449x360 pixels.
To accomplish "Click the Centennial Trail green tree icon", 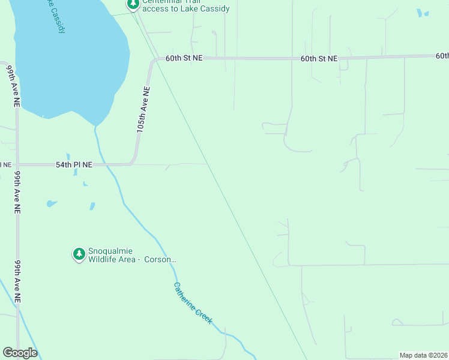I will click(x=133, y=4).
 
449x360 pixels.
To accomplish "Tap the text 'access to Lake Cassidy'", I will click(x=186, y=9).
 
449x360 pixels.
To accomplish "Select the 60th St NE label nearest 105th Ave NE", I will click(x=184, y=58).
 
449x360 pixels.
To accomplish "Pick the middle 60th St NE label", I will click(x=319, y=59).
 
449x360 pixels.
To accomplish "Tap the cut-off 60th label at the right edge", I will click(x=442, y=56).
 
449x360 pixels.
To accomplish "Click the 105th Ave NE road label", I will click(x=143, y=109).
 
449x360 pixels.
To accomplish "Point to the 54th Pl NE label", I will click(x=74, y=164).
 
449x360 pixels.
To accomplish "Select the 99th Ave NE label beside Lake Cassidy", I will click(x=12, y=87).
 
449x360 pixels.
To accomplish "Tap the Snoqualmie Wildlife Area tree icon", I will click(x=79, y=254).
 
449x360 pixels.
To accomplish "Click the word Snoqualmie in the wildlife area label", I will click(x=110, y=251).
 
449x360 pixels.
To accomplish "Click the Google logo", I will click(x=20, y=353).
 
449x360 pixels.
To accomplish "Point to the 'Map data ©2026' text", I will click(x=423, y=355).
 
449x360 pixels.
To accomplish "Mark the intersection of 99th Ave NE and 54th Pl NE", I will click(x=17, y=164).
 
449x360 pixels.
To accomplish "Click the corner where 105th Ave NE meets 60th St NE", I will click(x=154, y=59).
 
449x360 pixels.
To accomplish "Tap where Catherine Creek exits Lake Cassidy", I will click(x=95, y=127).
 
